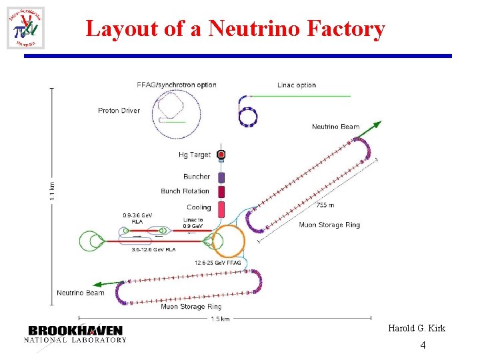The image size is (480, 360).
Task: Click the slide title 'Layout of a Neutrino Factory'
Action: pyautogui.click(x=235, y=29)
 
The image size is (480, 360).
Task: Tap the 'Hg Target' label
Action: pyautogui.click(x=195, y=155)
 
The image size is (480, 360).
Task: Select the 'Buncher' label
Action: pyautogui.click(x=197, y=177)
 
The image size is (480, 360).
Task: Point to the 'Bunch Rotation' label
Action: pyautogui.click(x=185, y=191)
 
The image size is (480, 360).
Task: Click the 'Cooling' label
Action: pyautogui.click(x=199, y=207)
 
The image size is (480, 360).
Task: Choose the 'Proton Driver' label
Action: pyautogui.click(x=119, y=111)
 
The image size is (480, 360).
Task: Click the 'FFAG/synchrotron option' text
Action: pyautogui.click(x=176, y=85)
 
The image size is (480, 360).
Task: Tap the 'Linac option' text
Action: pyautogui.click(x=297, y=85)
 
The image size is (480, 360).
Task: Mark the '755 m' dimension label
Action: pyautogui.click(x=325, y=205)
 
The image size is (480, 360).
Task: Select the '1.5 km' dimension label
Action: pyautogui.click(x=220, y=319)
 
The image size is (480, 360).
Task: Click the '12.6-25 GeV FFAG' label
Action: pyautogui.click(x=218, y=263)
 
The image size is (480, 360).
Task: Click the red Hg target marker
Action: pyautogui.click(x=221, y=155)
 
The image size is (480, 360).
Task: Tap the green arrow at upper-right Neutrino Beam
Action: pyautogui.click(x=376, y=125)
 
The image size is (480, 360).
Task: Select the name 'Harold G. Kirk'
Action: pyautogui.click(x=417, y=329)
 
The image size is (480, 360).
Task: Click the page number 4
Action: pyautogui.click(x=423, y=345)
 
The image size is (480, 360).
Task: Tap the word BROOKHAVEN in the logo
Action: pyautogui.click(x=75, y=330)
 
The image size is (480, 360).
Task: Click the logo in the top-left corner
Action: pyautogui.click(x=26, y=28)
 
